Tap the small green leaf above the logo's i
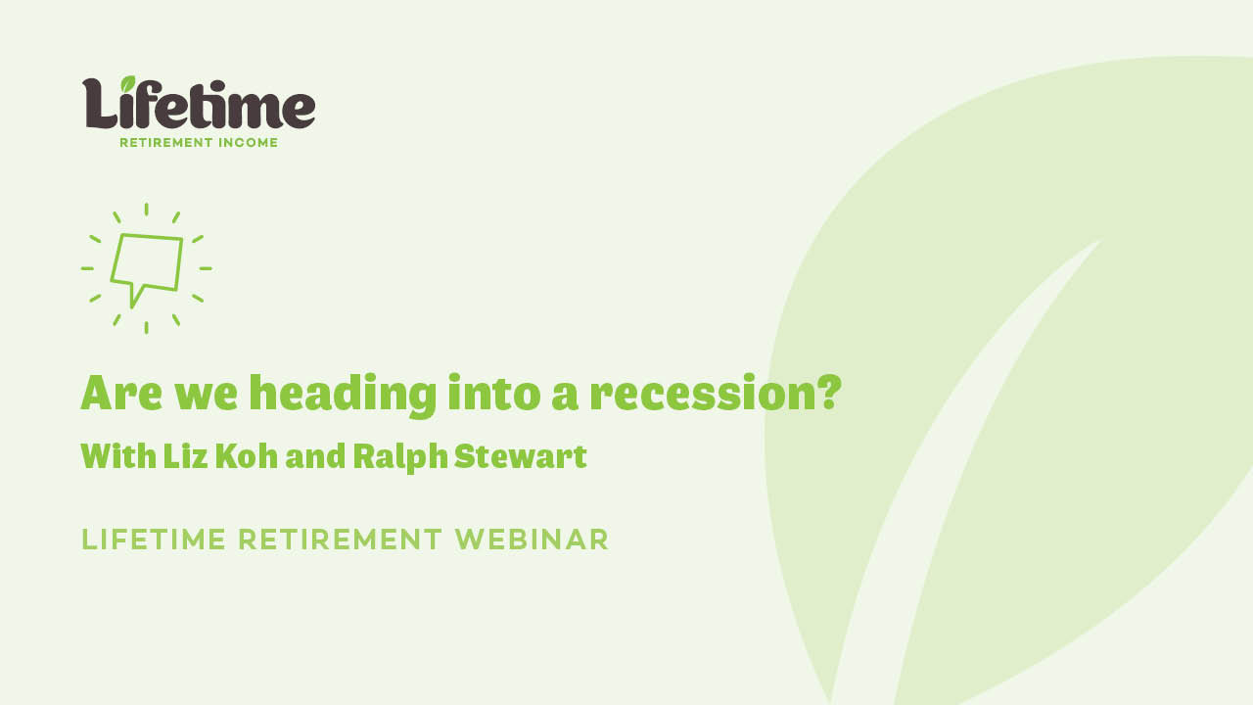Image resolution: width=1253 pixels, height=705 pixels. tap(128, 84)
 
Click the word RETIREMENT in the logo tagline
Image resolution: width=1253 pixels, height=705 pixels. tap(166, 143)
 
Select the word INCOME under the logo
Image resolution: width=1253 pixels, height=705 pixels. tap(248, 143)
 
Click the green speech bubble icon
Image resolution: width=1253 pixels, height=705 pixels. tap(147, 262)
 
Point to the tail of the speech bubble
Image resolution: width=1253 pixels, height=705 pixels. tap(135, 297)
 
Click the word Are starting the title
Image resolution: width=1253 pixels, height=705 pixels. tap(121, 393)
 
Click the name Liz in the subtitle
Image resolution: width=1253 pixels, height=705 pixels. tap(183, 456)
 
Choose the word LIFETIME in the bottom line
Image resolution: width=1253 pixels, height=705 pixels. tap(154, 540)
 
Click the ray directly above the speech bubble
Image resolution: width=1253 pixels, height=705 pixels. tap(147, 209)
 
